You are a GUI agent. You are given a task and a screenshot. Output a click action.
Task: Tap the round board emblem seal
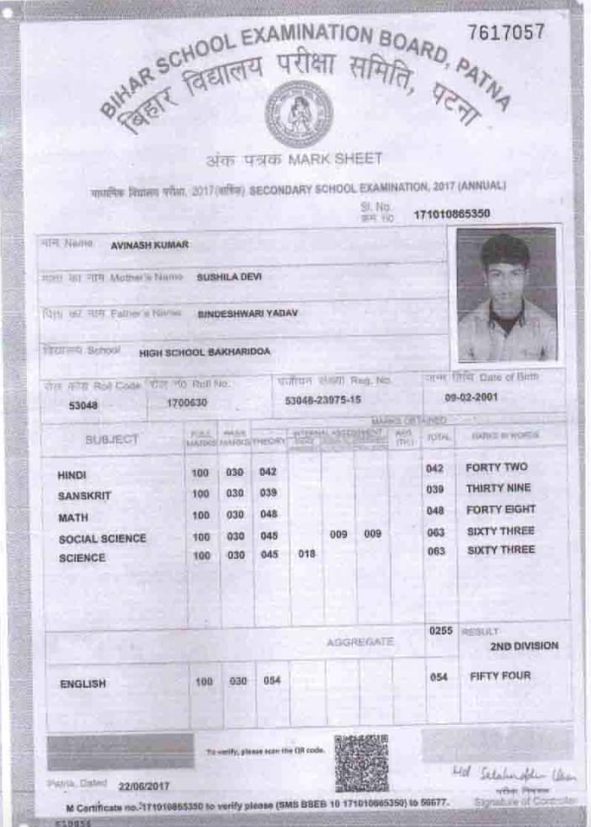298,113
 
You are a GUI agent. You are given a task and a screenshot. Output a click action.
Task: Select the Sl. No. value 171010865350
451,215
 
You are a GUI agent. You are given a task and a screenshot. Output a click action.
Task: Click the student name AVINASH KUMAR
149,246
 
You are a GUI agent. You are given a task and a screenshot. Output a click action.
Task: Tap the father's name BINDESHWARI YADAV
247,313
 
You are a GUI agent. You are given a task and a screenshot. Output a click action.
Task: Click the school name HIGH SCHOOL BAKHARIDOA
205,352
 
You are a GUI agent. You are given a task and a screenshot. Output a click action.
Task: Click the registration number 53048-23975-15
323,401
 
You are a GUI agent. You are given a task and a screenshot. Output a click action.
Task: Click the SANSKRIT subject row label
84,496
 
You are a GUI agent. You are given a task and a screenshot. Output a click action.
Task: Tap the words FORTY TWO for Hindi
497,468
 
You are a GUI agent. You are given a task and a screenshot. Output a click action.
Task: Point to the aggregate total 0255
440,630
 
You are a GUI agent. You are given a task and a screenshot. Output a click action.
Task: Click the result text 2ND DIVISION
524,646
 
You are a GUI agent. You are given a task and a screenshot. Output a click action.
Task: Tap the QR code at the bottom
361,762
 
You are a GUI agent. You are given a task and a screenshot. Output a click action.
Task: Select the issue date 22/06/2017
144,787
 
